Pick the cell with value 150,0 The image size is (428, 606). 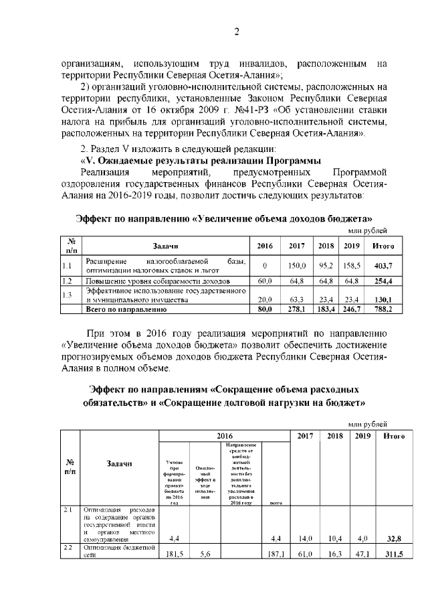[297, 266]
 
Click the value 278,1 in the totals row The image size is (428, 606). [297, 309]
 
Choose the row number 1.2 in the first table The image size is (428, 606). [67, 281]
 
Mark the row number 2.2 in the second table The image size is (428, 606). [68, 548]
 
